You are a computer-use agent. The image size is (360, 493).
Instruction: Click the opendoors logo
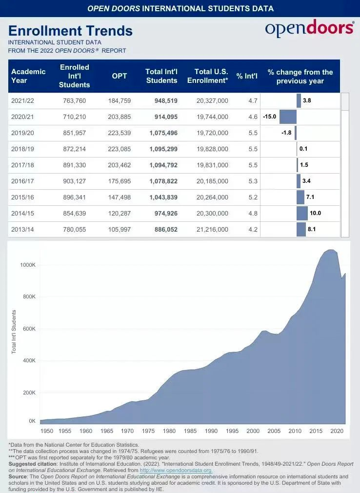click(x=309, y=29)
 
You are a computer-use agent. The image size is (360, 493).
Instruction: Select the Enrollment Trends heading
click(x=70, y=31)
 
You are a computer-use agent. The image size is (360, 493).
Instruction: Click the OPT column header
click(x=120, y=76)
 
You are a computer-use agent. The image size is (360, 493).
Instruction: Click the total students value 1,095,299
click(x=163, y=149)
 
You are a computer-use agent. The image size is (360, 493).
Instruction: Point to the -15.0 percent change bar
click(x=288, y=117)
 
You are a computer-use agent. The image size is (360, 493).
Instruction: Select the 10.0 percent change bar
click(x=302, y=213)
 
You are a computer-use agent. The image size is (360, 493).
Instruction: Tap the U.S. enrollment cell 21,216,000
click(x=212, y=229)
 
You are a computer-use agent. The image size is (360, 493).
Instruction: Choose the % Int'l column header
click(x=247, y=76)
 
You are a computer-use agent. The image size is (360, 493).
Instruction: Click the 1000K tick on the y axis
click(x=28, y=265)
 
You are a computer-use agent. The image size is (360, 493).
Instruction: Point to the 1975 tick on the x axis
click(x=148, y=431)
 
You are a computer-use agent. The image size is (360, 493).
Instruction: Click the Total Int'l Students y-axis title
click(x=14, y=332)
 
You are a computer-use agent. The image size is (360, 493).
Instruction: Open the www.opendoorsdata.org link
click(x=176, y=470)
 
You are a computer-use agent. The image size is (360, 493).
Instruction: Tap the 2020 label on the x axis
click(x=336, y=431)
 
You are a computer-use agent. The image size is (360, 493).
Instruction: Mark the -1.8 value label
click(x=286, y=133)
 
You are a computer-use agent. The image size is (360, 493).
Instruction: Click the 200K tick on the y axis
click(x=29, y=393)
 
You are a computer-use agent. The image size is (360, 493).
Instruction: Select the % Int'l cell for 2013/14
click(x=253, y=229)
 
